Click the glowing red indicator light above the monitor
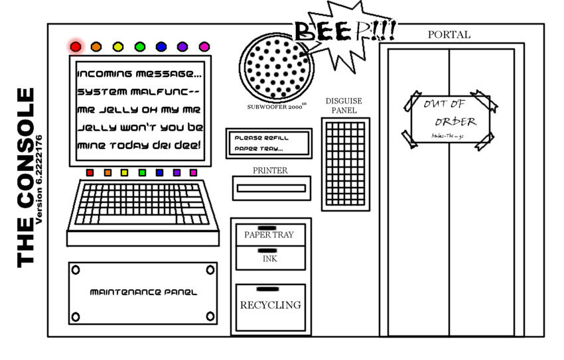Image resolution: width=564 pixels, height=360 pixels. point(76,46)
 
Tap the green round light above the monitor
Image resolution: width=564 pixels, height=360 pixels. point(139,46)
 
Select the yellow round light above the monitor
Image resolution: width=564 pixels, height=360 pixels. point(118,46)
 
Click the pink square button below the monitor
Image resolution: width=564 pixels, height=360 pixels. point(193,173)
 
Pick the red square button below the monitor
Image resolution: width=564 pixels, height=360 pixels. point(90,173)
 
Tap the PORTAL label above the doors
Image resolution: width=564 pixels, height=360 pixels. point(449,34)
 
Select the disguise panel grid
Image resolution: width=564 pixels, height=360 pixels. point(345,163)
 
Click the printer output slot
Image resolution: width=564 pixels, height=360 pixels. point(271,188)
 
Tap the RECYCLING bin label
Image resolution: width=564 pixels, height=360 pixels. point(270,305)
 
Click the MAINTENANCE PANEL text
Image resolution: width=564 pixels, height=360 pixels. point(143,292)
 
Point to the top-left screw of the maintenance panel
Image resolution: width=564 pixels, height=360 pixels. point(76,270)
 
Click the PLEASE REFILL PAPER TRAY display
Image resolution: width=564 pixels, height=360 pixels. point(268,143)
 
